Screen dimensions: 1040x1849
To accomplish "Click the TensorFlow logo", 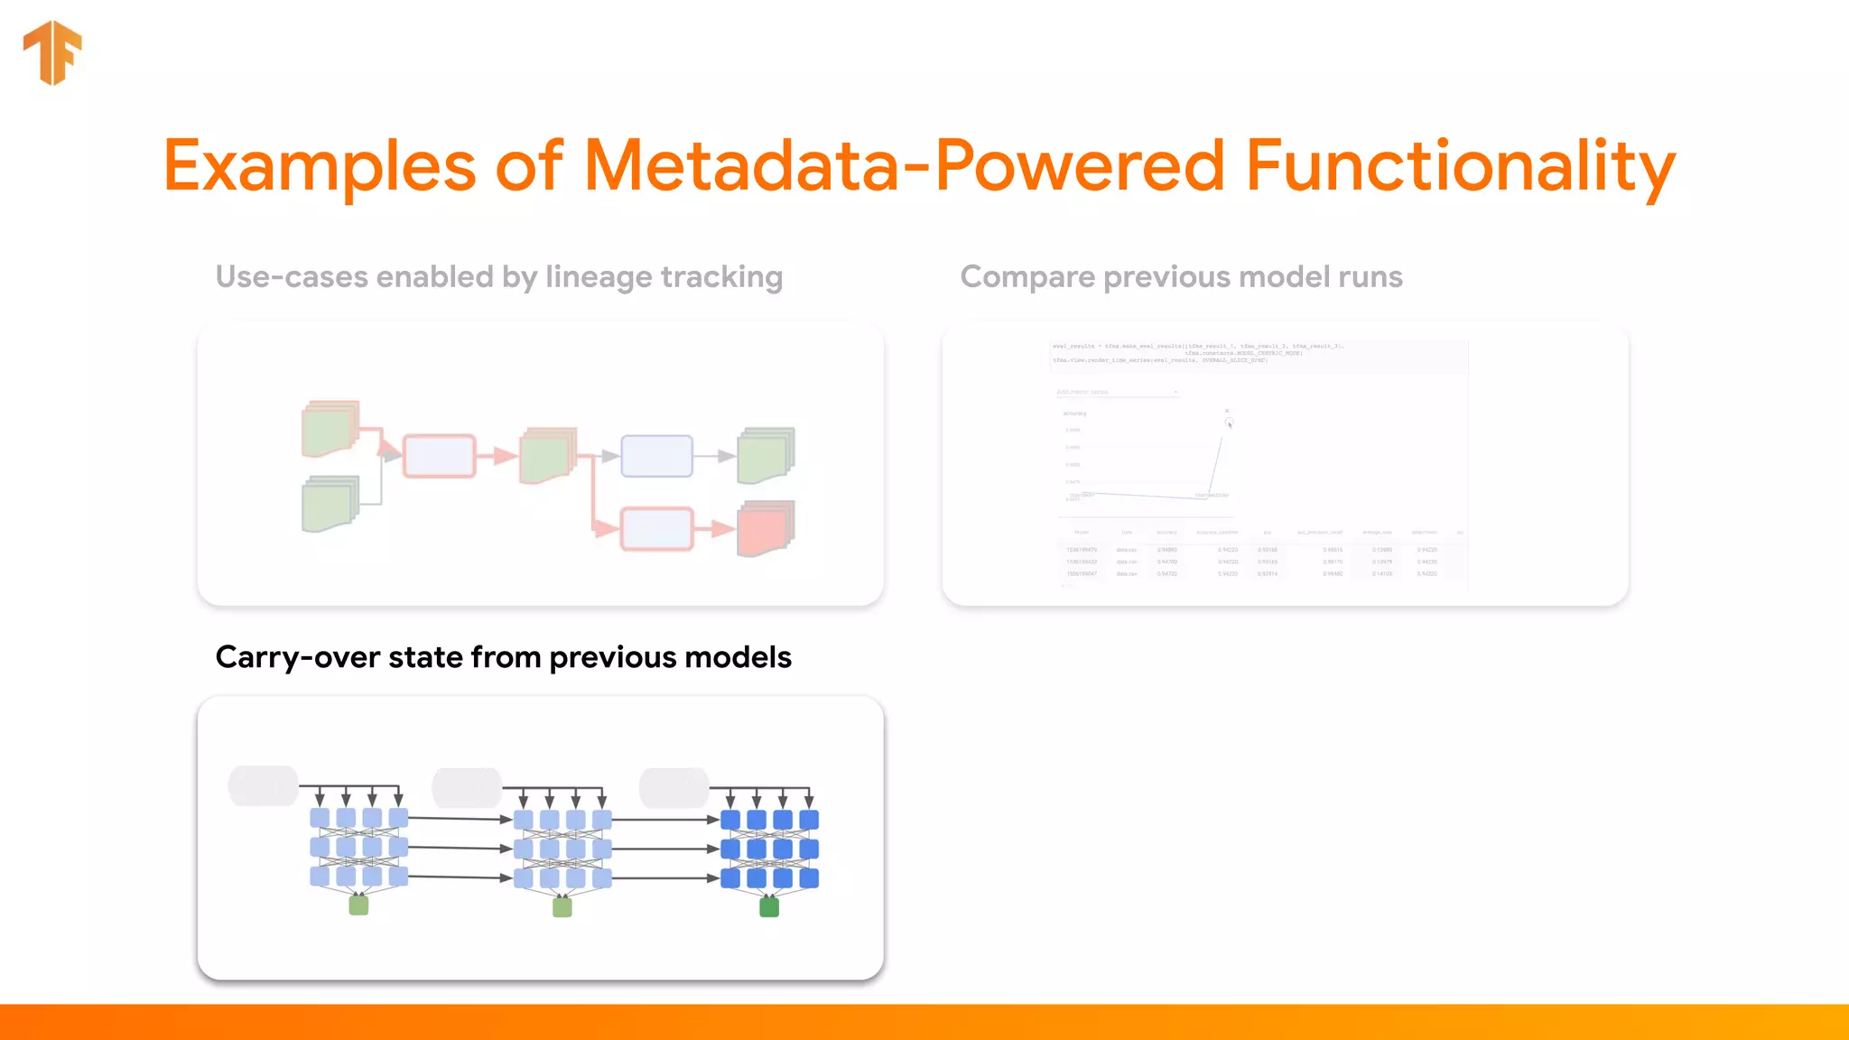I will click(52, 52).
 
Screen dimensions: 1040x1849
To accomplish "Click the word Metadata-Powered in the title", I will click(904, 166).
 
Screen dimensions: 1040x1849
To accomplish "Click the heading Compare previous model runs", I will click(1181, 276).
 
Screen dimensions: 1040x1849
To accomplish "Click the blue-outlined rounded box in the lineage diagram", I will click(656, 456).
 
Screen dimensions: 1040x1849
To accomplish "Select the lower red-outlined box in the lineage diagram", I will click(656, 528).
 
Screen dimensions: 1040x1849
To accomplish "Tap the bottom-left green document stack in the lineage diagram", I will click(330, 505).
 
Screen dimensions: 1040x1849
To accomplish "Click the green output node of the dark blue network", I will click(769, 906).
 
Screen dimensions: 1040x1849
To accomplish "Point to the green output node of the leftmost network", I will click(358, 905).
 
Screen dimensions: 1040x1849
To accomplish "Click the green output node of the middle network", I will click(562, 906).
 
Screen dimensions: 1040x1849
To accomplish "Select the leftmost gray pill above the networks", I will click(263, 786).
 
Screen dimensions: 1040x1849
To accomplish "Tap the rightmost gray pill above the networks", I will click(674, 787).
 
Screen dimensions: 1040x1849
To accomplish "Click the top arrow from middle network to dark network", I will click(666, 820).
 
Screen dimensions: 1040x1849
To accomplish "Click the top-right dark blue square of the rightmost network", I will click(809, 820).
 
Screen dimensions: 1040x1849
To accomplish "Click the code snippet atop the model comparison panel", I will click(1197, 353).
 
